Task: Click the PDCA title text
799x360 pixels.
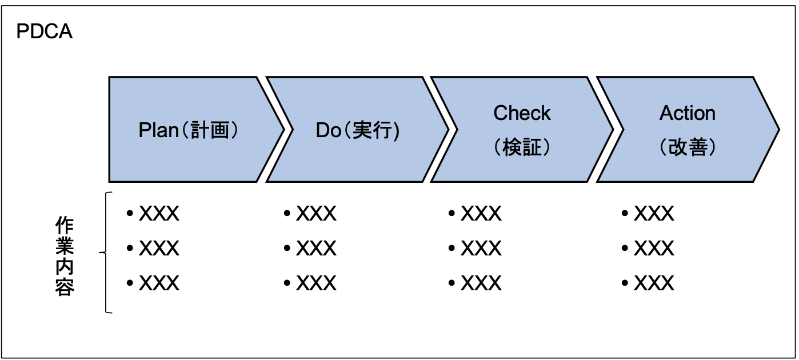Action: click(x=44, y=32)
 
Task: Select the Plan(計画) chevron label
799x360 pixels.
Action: click(x=188, y=130)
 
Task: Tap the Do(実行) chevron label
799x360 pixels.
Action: click(x=358, y=130)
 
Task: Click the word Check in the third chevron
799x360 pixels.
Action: click(x=522, y=113)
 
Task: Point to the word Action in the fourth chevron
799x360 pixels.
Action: click(x=687, y=113)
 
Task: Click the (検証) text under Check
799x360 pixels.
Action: click(x=522, y=147)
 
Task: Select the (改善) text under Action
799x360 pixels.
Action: click(x=687, y=147)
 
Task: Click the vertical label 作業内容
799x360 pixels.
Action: click(x=65, y=256)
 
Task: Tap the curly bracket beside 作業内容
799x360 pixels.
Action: click(x=106, y=253)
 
